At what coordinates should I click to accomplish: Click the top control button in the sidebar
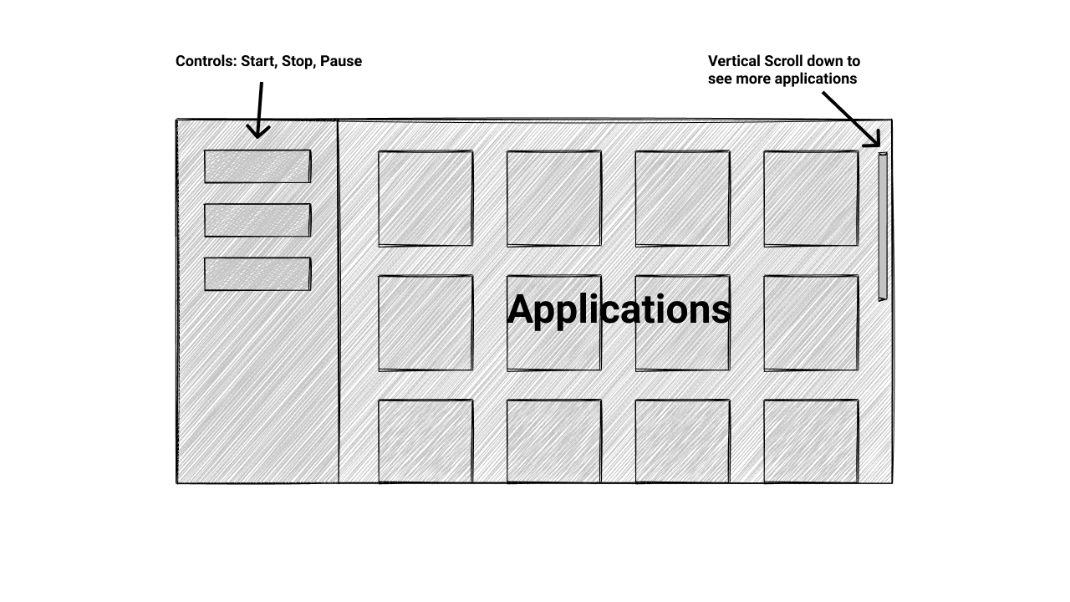257,166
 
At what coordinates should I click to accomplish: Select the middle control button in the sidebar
257,220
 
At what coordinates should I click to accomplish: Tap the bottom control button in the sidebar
257,273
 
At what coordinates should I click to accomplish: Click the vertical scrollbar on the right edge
883,226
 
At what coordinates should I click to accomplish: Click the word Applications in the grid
619,309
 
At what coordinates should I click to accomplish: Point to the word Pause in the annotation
341,61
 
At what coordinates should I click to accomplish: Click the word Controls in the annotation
206,61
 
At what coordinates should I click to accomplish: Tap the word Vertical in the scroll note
734,61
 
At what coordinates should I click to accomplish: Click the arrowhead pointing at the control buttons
258,131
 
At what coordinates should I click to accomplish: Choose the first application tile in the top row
425,198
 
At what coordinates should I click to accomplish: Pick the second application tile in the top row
554,198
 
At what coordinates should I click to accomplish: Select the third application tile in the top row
682,198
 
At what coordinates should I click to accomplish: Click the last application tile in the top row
811,198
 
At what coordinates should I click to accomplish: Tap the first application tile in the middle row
425,323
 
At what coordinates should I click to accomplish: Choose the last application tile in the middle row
811,323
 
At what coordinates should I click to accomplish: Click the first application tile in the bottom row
425,441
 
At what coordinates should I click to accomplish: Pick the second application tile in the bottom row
554,441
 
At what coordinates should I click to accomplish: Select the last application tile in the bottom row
811,441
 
